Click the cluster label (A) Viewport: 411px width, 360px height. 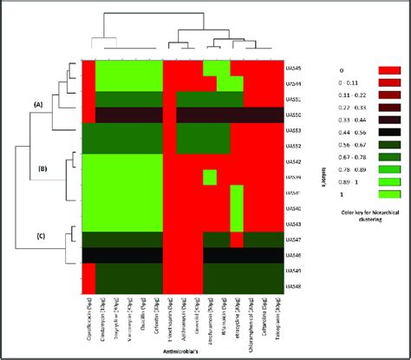point(38,103)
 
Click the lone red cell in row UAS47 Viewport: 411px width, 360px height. point(236,239)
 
